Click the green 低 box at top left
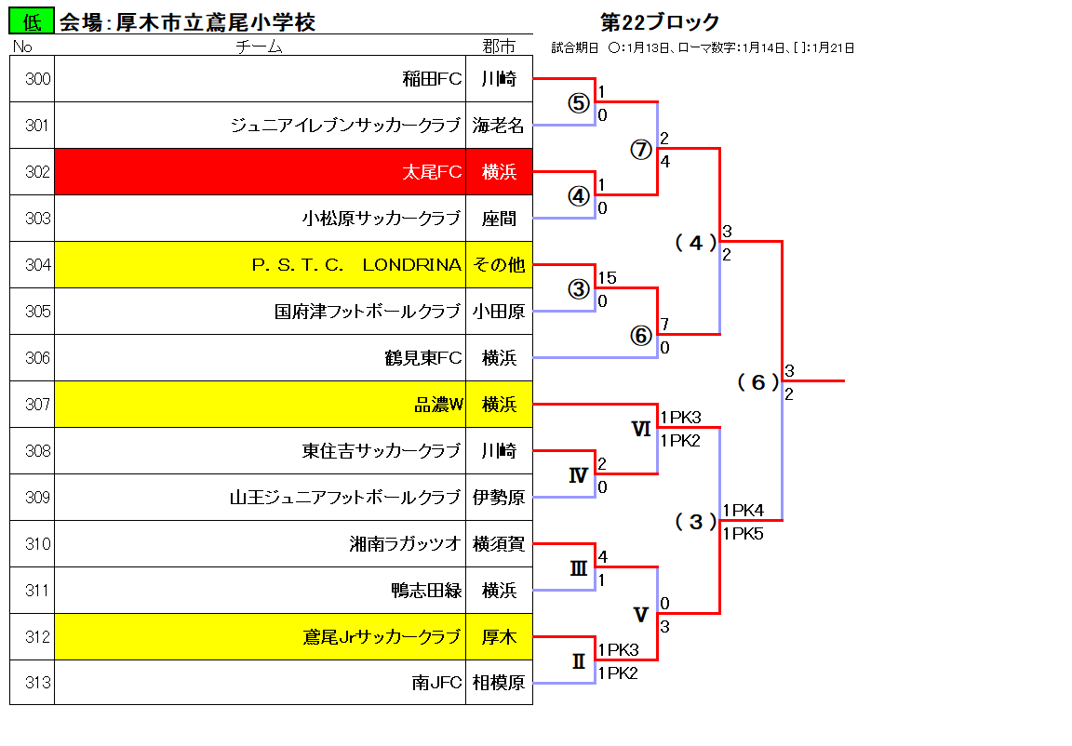click(31, 22)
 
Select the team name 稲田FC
click(432, 79)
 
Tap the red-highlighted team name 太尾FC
click(432, 172)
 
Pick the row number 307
click(37, 405)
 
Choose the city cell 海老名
click(499, 126)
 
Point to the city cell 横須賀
click(499, 544)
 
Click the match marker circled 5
click(579, 103)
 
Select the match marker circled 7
click(640, 150)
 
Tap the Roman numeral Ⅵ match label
click(640, 429)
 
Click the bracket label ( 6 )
click(758, 382)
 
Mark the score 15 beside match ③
click(607, 278)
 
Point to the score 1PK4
click(744, 511)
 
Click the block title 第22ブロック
click(660, 22)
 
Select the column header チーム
click(259, 47)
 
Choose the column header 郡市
click(499, 47)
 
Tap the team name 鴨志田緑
click(426, 591)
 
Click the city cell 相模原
click(499, 683)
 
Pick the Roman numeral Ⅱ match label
click(579, 661)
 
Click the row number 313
click(37, 683)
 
